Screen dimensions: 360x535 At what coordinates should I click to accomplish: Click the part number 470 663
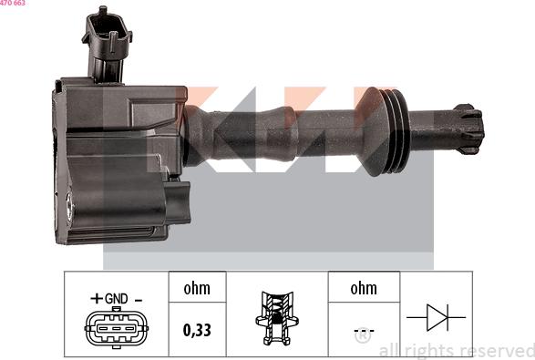click(13, 4)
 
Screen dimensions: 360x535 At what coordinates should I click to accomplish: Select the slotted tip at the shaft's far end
click(467, 128)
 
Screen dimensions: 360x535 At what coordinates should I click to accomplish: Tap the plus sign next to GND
click(96, 298)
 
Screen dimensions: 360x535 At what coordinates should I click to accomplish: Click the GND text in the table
click(116, 298)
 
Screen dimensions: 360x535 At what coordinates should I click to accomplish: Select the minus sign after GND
click(139, 298)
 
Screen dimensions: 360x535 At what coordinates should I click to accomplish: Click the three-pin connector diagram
click(117, 328)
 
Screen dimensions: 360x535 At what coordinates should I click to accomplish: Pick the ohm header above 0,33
click(197, 289)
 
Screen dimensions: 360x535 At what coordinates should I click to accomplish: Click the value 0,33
click(197, 329)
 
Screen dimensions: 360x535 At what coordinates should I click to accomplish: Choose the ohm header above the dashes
click(363, 289)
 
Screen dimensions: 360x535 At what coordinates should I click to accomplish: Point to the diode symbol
click(435, 317)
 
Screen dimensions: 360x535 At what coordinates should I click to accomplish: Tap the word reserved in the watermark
click(498, 350)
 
